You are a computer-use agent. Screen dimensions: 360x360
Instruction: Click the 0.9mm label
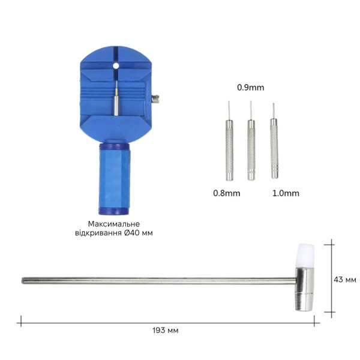click(x=250, y=88)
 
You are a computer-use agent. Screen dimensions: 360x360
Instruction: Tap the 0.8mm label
click(x=227, y=193)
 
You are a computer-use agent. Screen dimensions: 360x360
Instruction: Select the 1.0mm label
click(x=286, y=193)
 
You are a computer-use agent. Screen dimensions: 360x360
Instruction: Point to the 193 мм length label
click(x=166, y=331)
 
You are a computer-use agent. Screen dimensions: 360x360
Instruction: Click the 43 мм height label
click(x=345, y=280)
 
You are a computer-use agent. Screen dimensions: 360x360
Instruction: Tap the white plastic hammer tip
click(x=305, y=256)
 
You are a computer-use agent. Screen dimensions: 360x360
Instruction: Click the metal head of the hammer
click(x=304, y=289)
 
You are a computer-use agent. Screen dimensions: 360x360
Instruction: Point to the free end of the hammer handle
click(x=23, y=281)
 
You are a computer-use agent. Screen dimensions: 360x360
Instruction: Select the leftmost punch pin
click(x=229, y=141)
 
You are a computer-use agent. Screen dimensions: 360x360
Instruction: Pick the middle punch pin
click(x=251, y=140)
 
